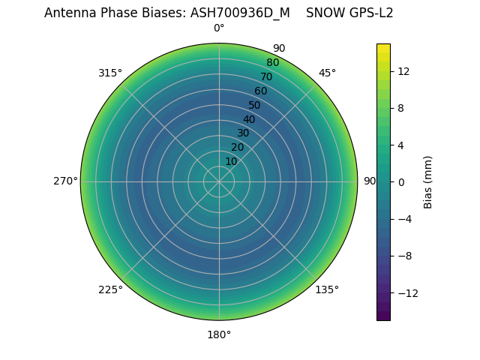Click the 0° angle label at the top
(x=219, y=28)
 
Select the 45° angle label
(x=327, y=73)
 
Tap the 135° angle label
(x=327, y=289)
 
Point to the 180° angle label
(x=219, y=334)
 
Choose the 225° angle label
(x=110, y=289)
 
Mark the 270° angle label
(x=65, y=181)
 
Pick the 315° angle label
(x=110, y=73)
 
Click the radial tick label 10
(x=231, y=161)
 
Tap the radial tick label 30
(x=243, y=133)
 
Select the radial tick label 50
(x=255, y=105)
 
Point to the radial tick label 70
(x=266, y=76)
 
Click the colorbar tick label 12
(x=403, y=71)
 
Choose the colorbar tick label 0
(x=401, y=181)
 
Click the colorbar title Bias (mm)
(x=428, y=181)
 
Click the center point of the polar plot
(x=219, y=181)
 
